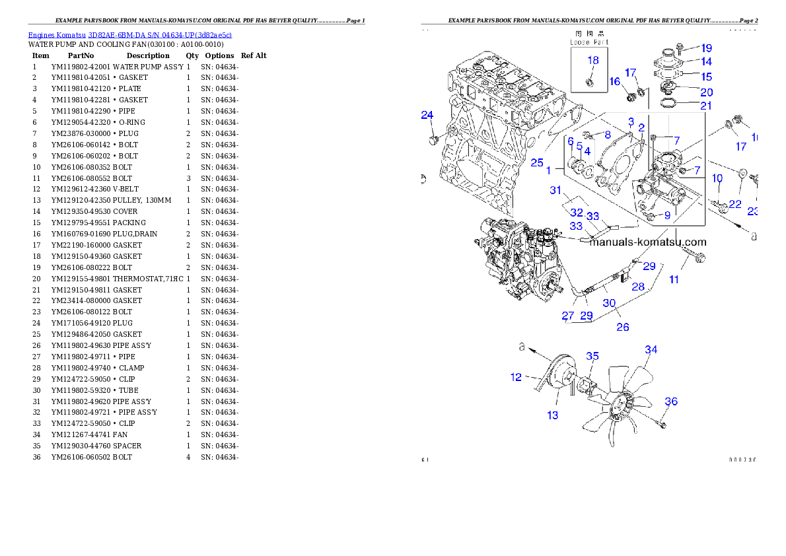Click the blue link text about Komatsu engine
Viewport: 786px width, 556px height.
[x=129, y=35]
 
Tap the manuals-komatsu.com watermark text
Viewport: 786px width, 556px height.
[x=647, y=242]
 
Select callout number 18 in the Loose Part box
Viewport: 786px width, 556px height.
[x=593, y=60]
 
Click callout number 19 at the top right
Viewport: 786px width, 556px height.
[x=706, y=48]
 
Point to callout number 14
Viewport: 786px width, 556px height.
[x=706, y=62]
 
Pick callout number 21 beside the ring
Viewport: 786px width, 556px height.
[x=706, y=106]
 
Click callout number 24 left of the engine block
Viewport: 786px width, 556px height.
[x=427, y=116]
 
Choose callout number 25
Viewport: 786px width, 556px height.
[x=536, y=162]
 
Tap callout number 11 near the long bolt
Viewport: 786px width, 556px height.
[x=674, y=279]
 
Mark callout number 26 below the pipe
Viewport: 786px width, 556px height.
[x=622, y=326]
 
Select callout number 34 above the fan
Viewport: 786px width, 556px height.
[x=651, y=350]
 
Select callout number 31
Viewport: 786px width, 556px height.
[x=556, y=191]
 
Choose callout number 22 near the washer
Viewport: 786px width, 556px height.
[x=735, y=205]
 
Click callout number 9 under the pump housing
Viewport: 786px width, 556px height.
[x=667, y=215]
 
